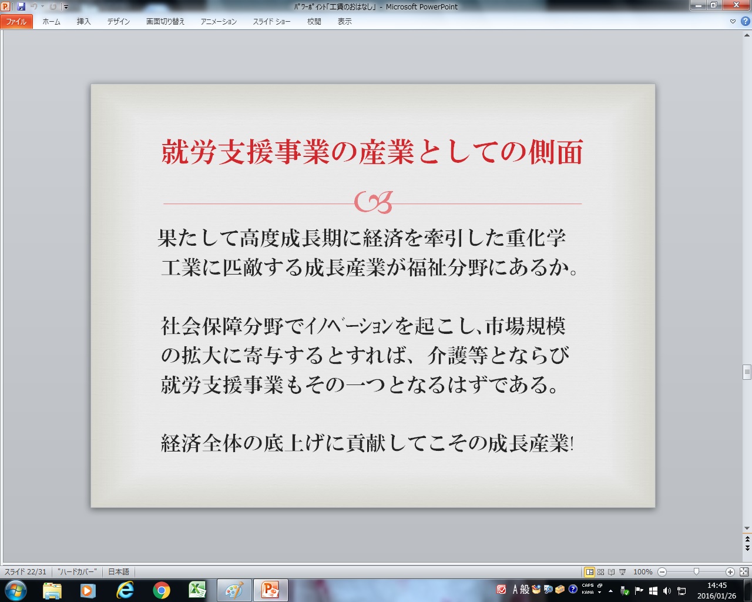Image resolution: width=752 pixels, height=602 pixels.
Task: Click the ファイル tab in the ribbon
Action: pos(16,22)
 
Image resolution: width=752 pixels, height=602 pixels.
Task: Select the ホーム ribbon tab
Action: pos(51,22)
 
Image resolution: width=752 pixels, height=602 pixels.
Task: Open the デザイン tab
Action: pos(119,22)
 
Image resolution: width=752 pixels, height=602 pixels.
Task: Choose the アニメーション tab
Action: pos(219,22)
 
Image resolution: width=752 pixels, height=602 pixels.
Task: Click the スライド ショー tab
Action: pos(271,22)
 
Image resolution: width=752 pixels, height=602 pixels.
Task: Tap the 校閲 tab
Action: pos(314,22)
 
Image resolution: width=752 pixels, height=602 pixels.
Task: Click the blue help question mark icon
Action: pos(745,21)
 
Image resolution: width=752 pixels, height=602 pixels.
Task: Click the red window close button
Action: pos(736,5)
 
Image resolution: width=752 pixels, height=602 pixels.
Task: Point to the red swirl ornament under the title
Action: pos(374,202)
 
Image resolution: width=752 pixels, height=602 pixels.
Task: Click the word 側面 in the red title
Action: pos(556,152)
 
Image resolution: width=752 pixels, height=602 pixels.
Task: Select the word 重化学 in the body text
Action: pos(536,238)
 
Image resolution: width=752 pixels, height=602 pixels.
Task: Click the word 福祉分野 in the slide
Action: pos(448,267)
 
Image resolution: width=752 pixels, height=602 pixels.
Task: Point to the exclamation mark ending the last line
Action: pos(572,443)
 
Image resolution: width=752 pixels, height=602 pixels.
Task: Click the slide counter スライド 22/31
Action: pos(25,572)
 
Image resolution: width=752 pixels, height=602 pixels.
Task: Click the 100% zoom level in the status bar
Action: pos(643,572)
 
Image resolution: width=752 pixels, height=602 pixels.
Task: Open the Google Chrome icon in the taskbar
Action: pos(161,590)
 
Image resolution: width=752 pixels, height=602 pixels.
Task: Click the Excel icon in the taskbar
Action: pos(197,590)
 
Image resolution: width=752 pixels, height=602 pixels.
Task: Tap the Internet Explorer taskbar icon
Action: pos(125,590)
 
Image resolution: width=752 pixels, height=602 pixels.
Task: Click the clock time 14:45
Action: pos(717,586)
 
